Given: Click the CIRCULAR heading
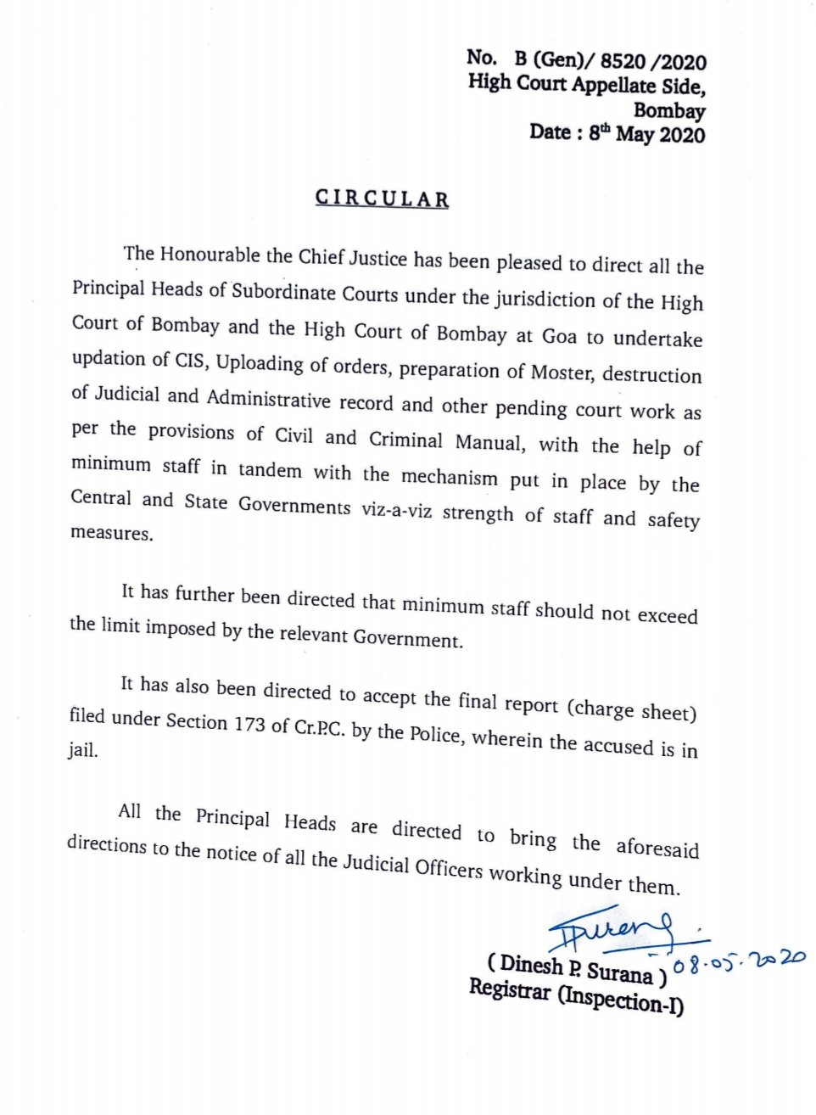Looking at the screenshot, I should click(382, 199).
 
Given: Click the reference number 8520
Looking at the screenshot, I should click(623, 61).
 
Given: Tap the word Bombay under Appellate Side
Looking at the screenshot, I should click(669, 110).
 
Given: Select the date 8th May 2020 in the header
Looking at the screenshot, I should click(646, 134).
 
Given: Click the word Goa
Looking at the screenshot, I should click(559, 336).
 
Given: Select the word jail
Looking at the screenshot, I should click(83, 750).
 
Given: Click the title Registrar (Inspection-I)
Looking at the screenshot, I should click(576, 996).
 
